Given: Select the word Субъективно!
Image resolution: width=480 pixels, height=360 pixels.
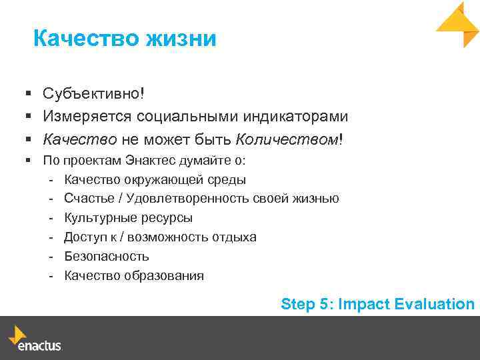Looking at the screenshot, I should (93, 95).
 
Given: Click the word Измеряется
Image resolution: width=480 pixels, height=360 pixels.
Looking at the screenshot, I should (87, 117).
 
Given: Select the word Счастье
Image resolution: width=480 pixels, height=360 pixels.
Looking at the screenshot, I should (87, 199).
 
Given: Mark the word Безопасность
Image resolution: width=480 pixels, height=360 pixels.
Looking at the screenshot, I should (107, 257).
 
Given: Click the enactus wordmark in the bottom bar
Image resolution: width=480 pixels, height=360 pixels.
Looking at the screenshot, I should (39, 347).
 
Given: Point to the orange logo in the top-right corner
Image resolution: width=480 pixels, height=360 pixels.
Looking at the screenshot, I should (459, 24).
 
